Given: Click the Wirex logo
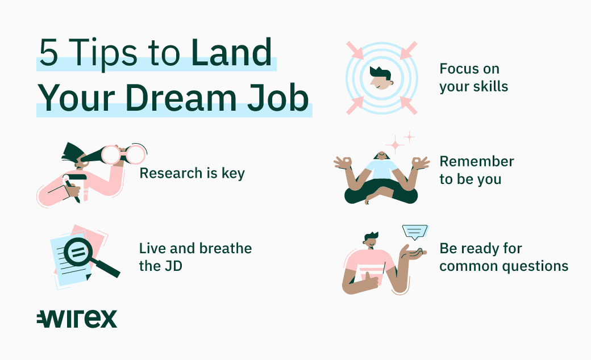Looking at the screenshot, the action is [x=77, y=319].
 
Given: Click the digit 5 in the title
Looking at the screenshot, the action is [x=49, y=52].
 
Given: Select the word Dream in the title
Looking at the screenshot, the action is [x=184, y=98].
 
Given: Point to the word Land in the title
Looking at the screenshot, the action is [x=231, y=52].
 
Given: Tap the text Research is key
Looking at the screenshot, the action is [x=192, y=173].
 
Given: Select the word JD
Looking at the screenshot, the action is [x=173, y=266].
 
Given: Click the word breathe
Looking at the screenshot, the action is [x=226, y=249].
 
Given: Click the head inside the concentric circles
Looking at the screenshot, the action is [x=381, y=78].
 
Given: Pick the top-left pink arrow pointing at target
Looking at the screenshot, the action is [x=355, y=51].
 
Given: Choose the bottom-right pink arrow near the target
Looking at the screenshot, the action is [x=408, y=106].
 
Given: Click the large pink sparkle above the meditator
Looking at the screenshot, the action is [x=395, y=145].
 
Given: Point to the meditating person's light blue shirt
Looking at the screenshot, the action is [x=382, y=169].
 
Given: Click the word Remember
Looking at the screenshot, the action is [x=476, y=161].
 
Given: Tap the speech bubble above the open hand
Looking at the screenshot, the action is [x=415, y=232].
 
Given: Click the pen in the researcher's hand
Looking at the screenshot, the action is [x=72, y=191].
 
